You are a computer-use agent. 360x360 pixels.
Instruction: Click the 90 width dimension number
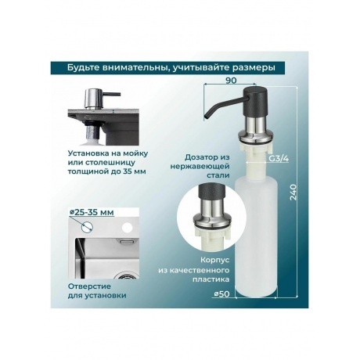coord(231,81)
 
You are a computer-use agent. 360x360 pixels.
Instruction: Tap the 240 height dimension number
coord(293,192)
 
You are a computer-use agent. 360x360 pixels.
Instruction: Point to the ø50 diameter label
coord(221,294)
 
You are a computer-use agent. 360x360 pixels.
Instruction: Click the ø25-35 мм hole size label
coord(92,212)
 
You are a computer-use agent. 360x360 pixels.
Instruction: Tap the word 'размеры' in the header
coord(254,68)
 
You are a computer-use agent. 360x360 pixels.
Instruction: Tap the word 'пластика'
coord(211,279)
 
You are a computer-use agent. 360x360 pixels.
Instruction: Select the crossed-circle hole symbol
coord(87,227)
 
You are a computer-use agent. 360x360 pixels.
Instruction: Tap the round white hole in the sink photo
coord(128,227)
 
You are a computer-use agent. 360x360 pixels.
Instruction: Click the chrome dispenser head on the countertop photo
coord(92,99)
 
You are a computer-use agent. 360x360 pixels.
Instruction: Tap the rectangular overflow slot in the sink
coord(127,242)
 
